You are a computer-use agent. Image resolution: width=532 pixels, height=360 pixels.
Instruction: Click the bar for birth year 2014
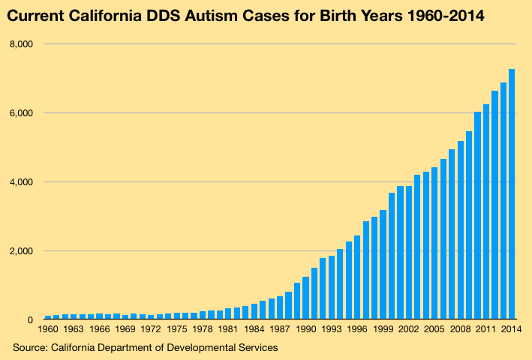[x=512, y=194]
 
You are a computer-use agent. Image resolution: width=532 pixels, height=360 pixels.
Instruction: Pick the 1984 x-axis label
[x=254, y=329]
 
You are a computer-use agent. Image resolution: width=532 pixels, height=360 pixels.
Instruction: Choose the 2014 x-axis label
[x=512, y=329]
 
